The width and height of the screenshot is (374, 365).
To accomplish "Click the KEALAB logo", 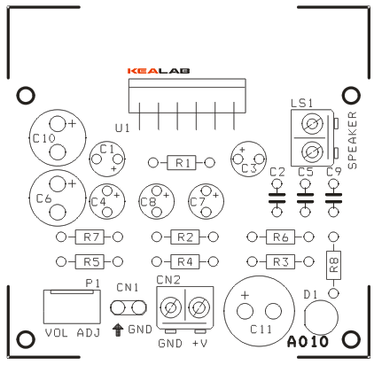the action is [x=159, y=71].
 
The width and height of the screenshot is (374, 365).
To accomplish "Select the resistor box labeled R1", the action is [x=182, y=162].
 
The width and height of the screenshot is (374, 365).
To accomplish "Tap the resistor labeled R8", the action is [x=333, y=265].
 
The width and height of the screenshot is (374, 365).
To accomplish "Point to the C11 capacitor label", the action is [x=261, y=330].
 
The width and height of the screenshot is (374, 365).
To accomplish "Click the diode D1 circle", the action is [x=321, y=317].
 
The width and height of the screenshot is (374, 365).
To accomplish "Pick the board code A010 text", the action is [x=308, y=342].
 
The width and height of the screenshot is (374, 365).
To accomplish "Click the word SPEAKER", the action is [x=353, y=140].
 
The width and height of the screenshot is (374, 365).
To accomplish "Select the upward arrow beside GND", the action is [x=118, y=330].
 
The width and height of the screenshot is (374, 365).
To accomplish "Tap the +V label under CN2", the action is [x=200, y=344].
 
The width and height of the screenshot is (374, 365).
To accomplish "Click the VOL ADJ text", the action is [x=73, y=333].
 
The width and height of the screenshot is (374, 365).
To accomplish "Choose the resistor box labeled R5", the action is [x=90, y=261].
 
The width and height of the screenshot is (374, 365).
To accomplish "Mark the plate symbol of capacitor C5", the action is [x=305, y=198].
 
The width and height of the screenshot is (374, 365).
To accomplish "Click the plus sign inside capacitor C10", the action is [x=72, y=124].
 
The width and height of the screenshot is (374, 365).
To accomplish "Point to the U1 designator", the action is [x=122, y=128].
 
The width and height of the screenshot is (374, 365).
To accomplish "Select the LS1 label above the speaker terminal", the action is [x=301, y=104].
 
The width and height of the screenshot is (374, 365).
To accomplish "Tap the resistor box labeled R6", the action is [x=281, y=237].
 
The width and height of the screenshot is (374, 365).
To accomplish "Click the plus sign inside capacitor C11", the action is [x=245, y=295].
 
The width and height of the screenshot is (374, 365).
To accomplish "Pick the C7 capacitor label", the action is [x=198, y=202].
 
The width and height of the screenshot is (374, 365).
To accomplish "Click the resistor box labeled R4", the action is [x=185, y=261].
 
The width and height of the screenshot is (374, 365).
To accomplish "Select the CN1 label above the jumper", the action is [x=128, y=287].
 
